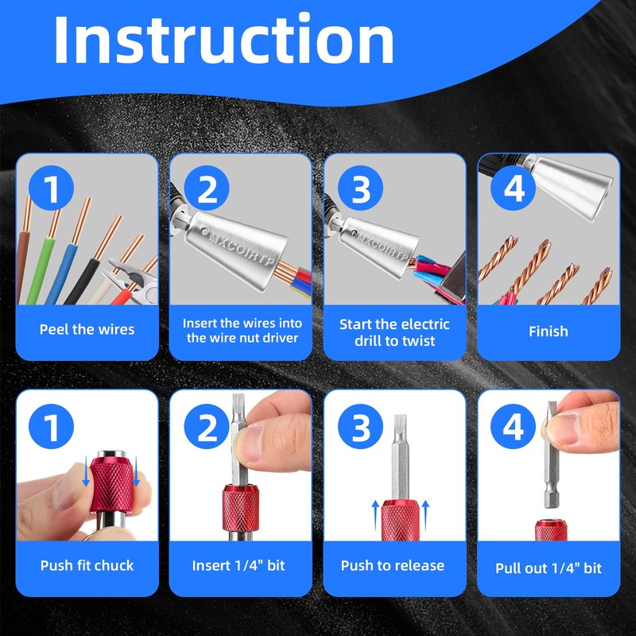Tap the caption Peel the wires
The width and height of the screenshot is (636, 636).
point(87,329)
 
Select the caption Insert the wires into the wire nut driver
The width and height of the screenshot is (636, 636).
point(242,331)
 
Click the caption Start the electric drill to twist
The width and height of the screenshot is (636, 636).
point(394,332)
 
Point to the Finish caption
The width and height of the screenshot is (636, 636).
point(548,332)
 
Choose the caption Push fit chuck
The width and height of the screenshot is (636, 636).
point(87,565)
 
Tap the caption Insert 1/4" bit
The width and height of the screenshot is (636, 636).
point(238,565)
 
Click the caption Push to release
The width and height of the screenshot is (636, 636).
point(392,565)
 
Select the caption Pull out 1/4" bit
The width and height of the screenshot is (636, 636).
point(549,568)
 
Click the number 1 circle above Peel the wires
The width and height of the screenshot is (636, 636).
point(51,188)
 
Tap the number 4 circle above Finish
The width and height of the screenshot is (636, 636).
point(513,188)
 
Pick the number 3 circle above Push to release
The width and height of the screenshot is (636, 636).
point(360,426)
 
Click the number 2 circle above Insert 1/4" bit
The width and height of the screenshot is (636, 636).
point(207,426)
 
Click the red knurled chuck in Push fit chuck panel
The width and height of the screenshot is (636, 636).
point(111,484)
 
